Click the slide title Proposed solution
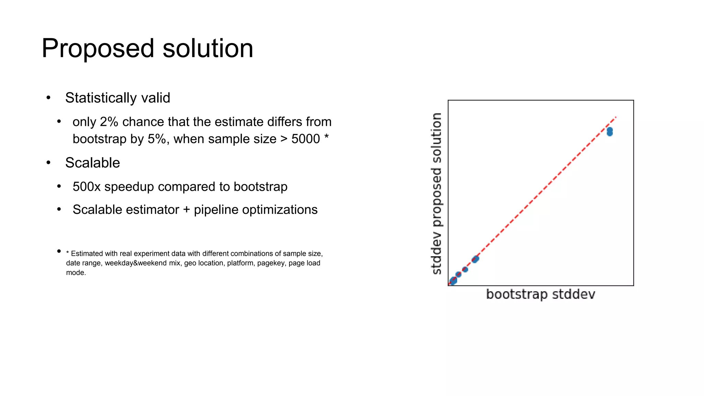click(147, 48)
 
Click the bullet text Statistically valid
click(118, 98)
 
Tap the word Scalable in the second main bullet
click(92, 163)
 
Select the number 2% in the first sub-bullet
click(109, 122)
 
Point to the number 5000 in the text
click(306, 139)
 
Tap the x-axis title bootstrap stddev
click(540, 295)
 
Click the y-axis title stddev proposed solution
click(437, 194)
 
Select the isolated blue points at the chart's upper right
click(609, 132)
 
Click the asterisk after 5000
click(326, 137)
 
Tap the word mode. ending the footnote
click(76, 273)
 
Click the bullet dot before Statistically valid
click(48, 98)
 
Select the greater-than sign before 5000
click(284, 139)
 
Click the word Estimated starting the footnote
click(87, 254)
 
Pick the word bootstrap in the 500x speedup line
click(260, 187)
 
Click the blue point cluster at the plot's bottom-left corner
click(453, 281)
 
